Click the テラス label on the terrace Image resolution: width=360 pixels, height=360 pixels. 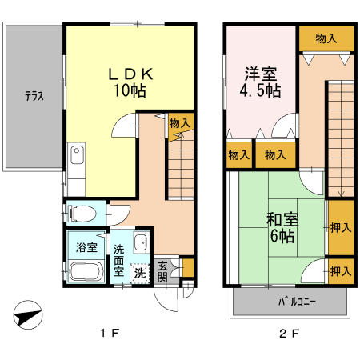[x=33, y=97]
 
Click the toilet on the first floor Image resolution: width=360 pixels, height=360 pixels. [x=80, y=213]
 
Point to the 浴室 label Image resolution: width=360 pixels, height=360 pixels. [x=86, y=247]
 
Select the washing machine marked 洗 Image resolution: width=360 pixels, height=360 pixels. [x=139, y=273]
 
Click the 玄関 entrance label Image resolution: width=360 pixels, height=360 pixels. [x=162, y=271]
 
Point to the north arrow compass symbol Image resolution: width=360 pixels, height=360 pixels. [x=26, y=315]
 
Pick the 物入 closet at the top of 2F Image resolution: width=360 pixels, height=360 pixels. [x=326, y=37]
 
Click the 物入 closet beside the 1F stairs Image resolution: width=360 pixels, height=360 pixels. [x=180, y=122]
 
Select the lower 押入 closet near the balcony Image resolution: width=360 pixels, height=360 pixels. [x=340, y=271]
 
